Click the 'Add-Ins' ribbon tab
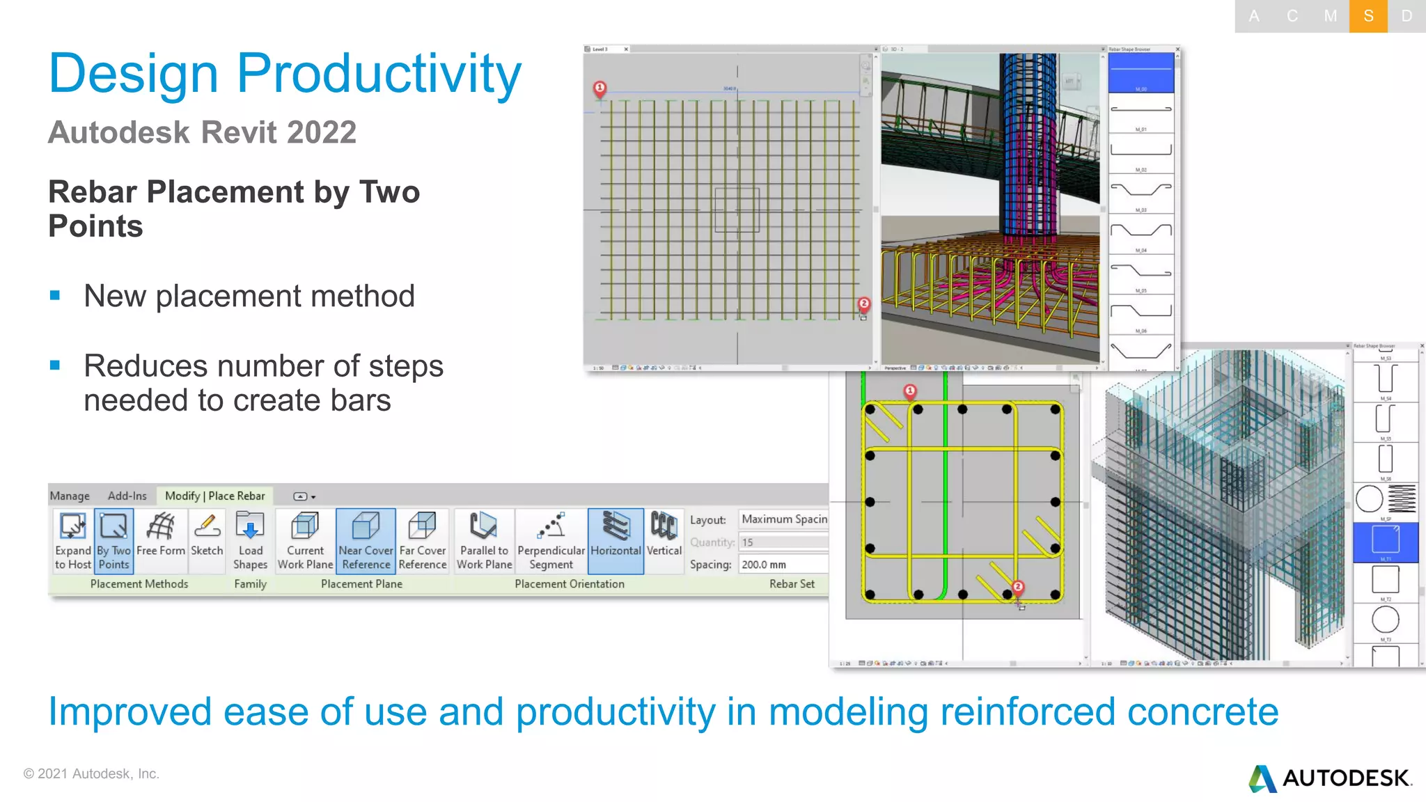(127, 496)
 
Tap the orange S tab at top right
(1368, 16)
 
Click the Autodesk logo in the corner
(1330, 778)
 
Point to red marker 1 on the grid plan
(600, 88)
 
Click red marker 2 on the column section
(1018, 587)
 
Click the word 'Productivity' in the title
(379, 73)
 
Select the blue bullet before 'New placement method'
(56, 296)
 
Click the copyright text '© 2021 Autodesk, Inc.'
(91, 773)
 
